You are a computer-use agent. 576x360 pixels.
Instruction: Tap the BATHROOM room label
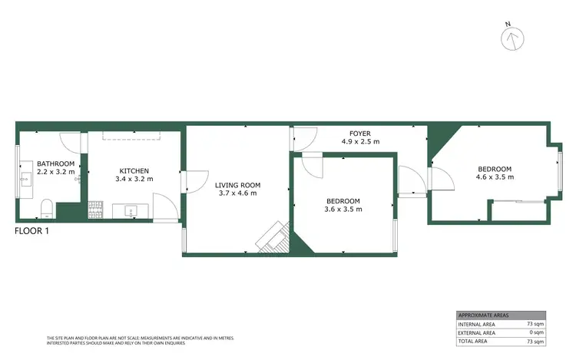[55, 163]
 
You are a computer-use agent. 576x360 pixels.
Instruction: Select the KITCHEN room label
[134, 170]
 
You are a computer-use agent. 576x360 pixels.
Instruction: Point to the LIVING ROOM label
[238, 185]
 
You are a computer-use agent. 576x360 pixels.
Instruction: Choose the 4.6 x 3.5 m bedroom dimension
[495, 177]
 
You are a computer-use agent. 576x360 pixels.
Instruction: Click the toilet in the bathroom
[45, 207]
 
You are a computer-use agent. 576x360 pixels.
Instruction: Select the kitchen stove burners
[96, 208]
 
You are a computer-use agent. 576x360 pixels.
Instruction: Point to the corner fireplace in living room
[273, 238]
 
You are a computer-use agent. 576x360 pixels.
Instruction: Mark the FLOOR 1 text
[32, 230]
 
